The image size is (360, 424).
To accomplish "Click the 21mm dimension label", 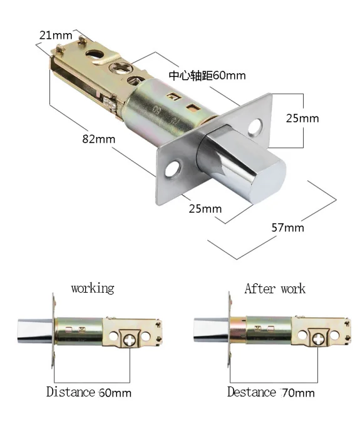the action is coord(56,35).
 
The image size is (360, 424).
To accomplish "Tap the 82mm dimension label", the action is coord(99,139).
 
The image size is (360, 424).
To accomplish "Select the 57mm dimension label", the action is coord(288,228).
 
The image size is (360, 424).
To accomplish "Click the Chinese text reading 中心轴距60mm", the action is coord(207,76).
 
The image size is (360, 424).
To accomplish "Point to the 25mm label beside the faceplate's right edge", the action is coord(302,118).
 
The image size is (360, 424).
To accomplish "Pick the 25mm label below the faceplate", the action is coord(205,209).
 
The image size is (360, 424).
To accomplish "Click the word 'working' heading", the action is coord(93,288).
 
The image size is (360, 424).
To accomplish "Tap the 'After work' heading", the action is coord(275,288).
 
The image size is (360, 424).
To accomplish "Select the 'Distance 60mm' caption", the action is coord(89,392).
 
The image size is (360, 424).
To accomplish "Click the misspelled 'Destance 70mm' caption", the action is coord(271,392).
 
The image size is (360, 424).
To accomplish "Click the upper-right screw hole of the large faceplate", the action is coord(255,127).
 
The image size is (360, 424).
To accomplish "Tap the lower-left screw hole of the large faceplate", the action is coord(173,169).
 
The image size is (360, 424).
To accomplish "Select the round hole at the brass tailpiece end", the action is coord(95,54).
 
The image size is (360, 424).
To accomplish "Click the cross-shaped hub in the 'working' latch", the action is coord(130,340).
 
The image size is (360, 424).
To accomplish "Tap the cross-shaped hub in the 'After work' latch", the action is coord(318,339).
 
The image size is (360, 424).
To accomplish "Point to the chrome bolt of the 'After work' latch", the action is coord(212,330).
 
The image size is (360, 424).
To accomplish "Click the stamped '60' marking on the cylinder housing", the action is coord(157,110).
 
